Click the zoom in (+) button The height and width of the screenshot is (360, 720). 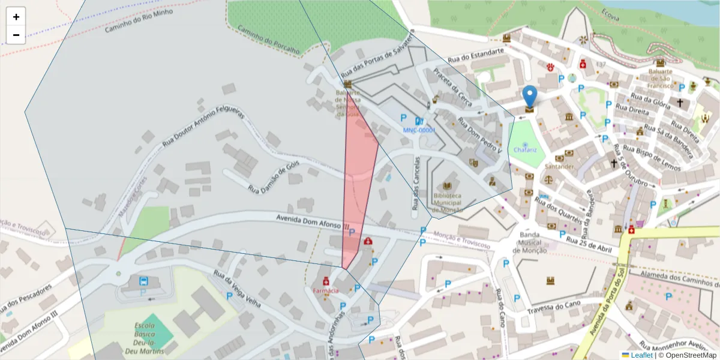(x=16, y=17)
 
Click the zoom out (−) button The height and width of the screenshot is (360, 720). (x=16, y=35)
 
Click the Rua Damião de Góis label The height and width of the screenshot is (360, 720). (x=273, y=178)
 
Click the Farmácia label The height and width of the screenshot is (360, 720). (x=325, y=290)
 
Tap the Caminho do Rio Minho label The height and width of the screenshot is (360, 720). (x=139, y=21)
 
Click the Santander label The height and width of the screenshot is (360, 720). (x=560, y=166)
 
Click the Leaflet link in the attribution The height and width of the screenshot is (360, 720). (x=641, y=355)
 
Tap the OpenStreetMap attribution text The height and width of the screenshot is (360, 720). (x=691, y=355)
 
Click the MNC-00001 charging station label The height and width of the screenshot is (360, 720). (x=418, y=130)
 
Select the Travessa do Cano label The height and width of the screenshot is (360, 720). (x=555, y=306)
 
